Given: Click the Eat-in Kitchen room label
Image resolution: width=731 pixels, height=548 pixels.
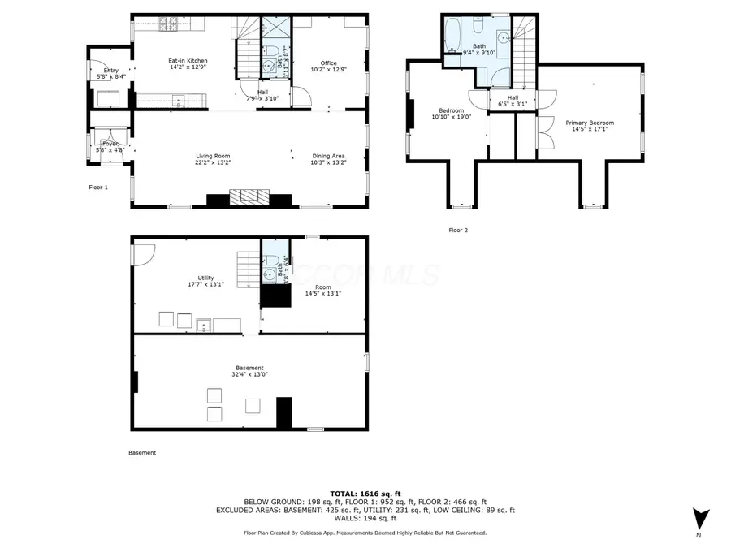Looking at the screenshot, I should click(x=188, y=61).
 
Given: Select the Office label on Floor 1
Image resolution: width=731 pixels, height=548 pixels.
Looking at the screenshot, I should click(x=328, y=63).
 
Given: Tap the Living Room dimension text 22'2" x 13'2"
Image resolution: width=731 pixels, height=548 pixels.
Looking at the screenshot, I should click(x=213, y=162).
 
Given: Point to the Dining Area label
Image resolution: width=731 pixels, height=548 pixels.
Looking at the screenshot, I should click(x=329, y=156).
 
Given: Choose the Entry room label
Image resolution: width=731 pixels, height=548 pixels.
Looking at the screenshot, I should click(x=110, y=71).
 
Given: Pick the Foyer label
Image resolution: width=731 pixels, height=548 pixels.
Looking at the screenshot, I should click(x=110, y=144).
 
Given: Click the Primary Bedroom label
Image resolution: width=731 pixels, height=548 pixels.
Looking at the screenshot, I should click(x=590, y=123).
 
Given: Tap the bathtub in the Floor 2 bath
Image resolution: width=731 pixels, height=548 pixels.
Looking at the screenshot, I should click(x=452, y=35).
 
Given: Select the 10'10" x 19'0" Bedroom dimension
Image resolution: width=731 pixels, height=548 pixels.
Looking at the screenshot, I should click(x=451, y=117).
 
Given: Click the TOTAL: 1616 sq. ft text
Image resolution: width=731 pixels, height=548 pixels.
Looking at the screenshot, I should click(x=365, y=494).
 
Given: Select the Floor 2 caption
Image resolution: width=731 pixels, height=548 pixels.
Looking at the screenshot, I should click(x=458, y=230).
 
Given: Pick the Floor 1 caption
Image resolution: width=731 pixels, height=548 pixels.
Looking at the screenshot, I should click(x=97, y=187).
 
